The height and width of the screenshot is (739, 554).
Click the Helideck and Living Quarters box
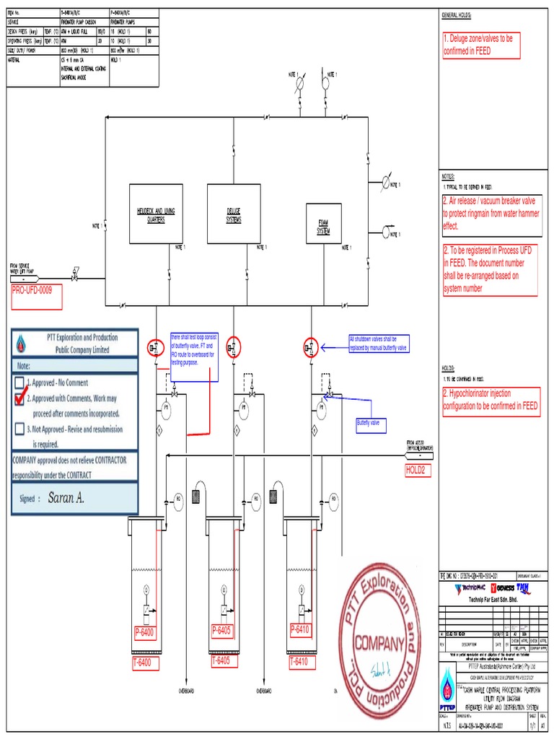[x=156, y=213]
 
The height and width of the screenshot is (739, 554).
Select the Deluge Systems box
[x=233, y=213]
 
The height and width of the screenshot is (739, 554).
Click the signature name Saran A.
[x=71, y=497]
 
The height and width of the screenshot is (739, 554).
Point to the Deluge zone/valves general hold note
[x=490, y=45]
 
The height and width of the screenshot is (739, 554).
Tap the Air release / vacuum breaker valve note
[x=490, y=214]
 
